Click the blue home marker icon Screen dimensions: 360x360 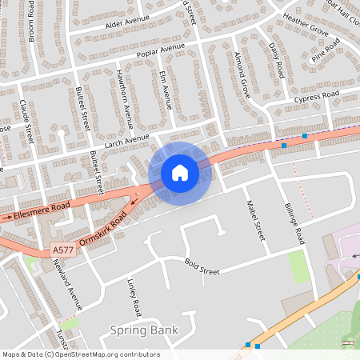[x=180, y=173]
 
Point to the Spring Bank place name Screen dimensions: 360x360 [x=144, y=330]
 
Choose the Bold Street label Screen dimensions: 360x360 [x=202, y=266]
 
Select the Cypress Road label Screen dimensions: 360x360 [x=317, y=98]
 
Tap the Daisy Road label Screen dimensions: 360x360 [x=277, y=59]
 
